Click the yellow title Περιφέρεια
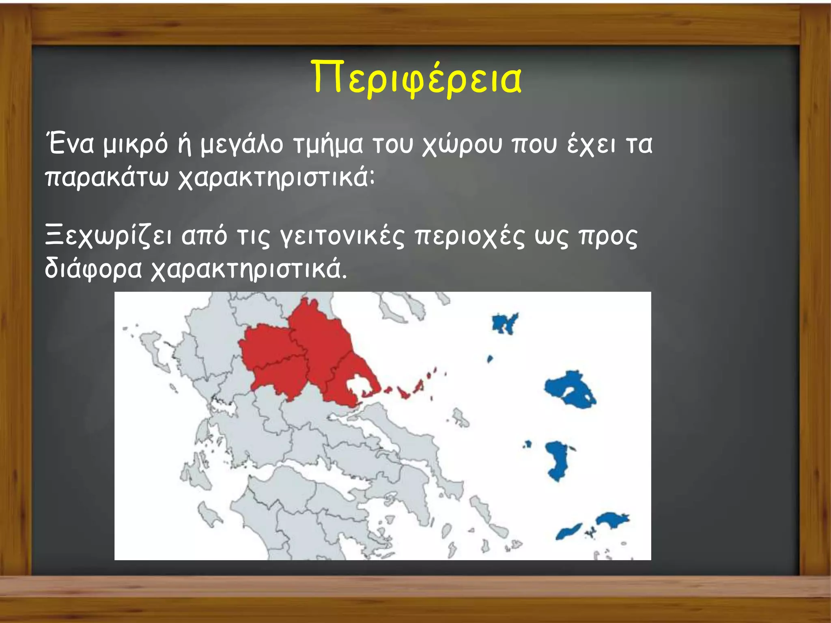tap(417, 78)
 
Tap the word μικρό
tap(135, 145)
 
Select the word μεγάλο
tap(242, 145)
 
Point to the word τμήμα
tap(327, 145)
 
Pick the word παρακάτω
tap(106, 178)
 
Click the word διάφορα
tap(93, 269)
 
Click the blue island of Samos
tap(613, 520)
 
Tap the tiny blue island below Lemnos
tap(490, 359)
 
